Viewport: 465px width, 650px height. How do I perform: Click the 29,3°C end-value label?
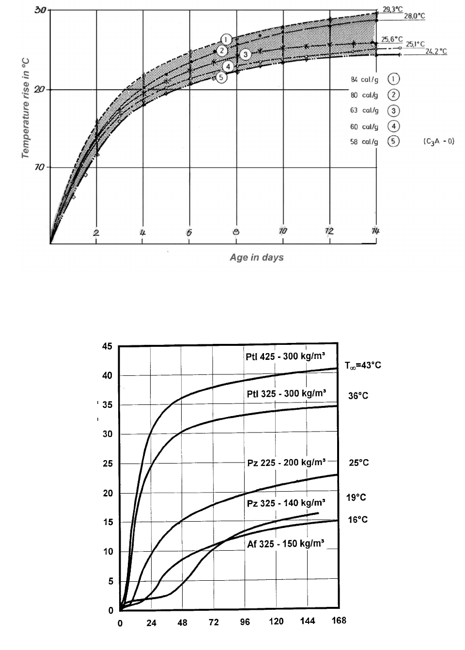tap(392, 9)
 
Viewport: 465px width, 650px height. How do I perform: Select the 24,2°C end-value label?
tap(436, 51)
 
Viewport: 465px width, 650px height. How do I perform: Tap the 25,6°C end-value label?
tap(392, 39)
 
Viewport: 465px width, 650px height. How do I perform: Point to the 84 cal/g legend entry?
tap(364, 79)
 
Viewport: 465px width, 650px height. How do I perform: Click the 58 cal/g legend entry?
tap(364, 141)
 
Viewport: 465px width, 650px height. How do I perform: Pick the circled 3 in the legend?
tap(393, 110)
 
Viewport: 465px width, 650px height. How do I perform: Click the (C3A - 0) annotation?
tap(438, 141)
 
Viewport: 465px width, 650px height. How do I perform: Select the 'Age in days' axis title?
tap(257, 257)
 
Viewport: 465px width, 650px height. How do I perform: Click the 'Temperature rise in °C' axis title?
tap(26, 108)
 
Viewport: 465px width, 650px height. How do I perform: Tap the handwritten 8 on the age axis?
tap(236, 232)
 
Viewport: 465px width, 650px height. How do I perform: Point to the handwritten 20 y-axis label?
tap(39, 90)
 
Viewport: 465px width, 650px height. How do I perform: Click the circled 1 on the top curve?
tap(226, 39)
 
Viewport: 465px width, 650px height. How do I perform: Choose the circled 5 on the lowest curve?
tap(221, 77)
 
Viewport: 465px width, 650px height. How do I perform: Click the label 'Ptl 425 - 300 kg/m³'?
tap(285, 356)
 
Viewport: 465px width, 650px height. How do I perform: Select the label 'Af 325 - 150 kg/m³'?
tap(285, 543)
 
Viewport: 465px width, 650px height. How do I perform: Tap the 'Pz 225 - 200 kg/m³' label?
tap(286, 462)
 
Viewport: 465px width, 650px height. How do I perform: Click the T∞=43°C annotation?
tap(363, 365)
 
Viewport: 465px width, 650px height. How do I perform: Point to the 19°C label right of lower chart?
tap(356, 497)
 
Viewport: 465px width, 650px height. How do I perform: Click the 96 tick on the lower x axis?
tap(245, 622)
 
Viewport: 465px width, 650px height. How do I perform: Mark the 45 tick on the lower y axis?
tap(107, 346)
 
